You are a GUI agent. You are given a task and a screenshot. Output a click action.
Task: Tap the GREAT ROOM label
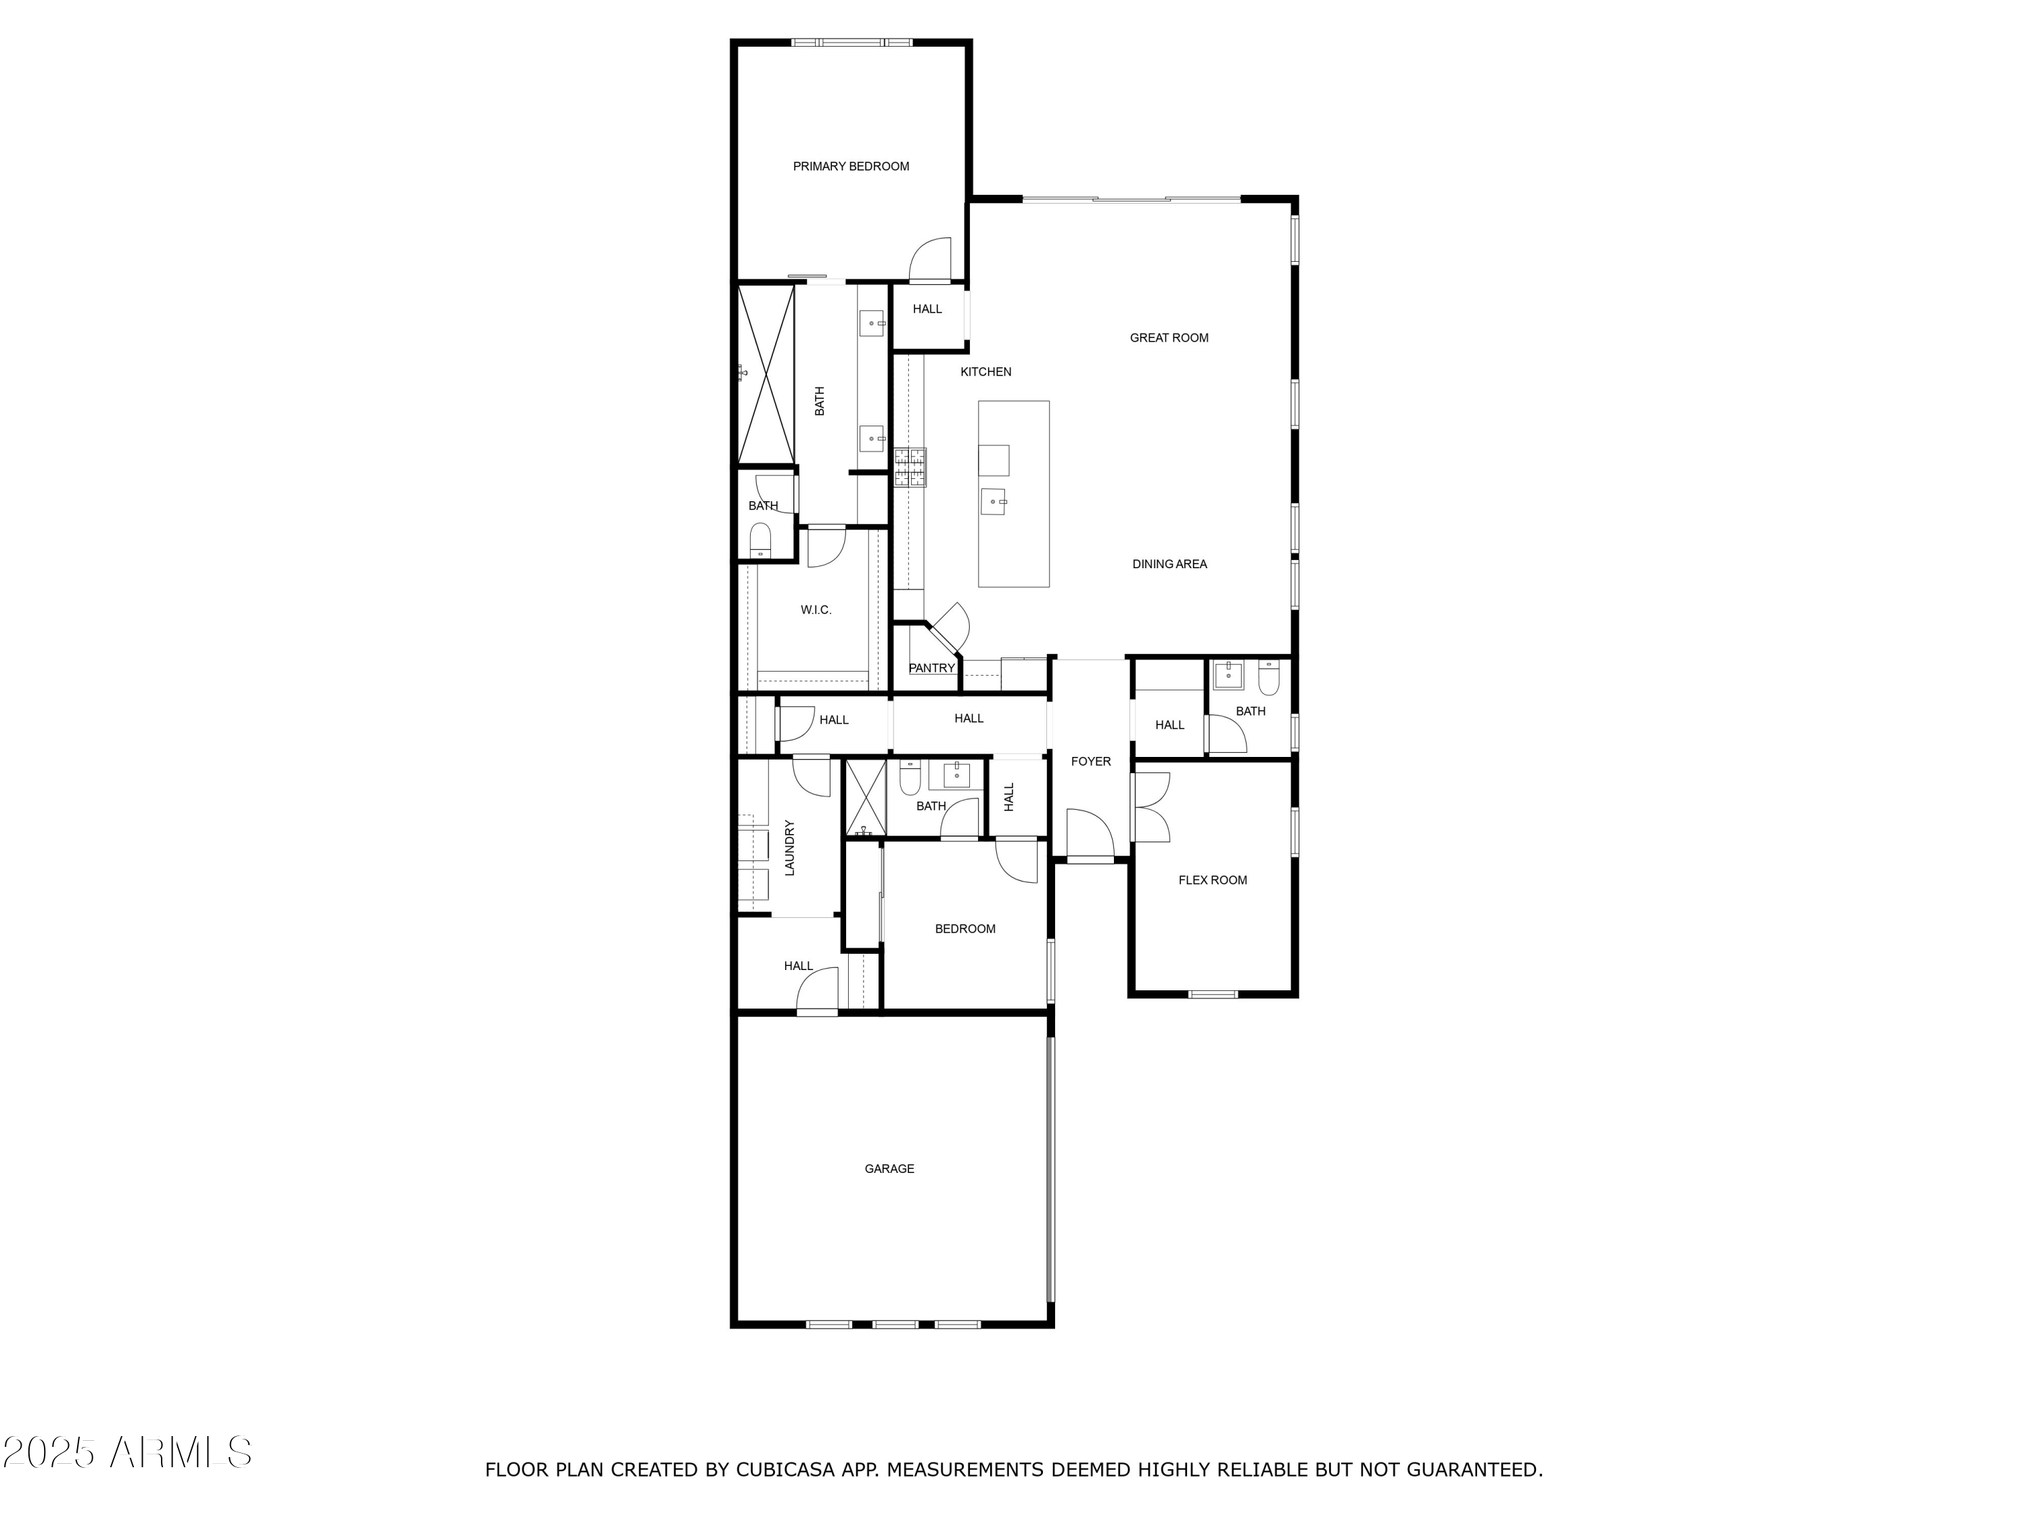click(x=1169, y=338)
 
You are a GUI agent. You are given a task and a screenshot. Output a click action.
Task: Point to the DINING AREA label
click(x=1169, y=565)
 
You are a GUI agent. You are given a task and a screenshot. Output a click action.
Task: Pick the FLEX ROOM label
click(x=1212, y=881)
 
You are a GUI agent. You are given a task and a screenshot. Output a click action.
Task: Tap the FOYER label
click(x=1090, y=762)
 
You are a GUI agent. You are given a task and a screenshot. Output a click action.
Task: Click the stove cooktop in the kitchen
click(x=910, y=467)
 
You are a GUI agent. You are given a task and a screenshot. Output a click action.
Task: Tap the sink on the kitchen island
click(x=994, y=503)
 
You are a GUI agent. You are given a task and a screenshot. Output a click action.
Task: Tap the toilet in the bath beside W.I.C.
click(x=760, y=541)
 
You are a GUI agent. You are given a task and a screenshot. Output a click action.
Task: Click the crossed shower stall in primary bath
click(x=766, y=374)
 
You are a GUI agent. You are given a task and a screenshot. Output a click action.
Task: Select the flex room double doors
click(x=1151, y=807)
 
